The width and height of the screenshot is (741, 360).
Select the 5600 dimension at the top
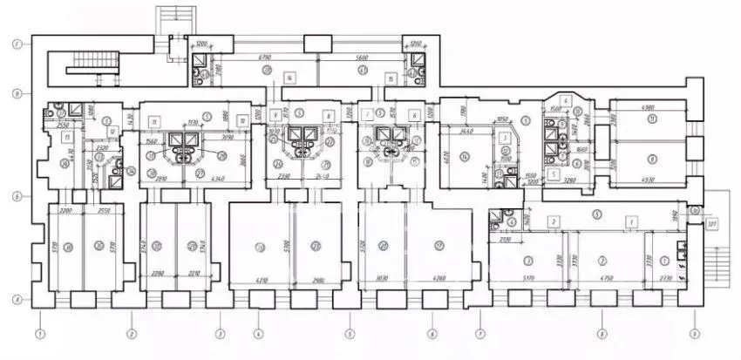coord(359,57)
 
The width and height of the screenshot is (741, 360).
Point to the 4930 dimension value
coord(646,180)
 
